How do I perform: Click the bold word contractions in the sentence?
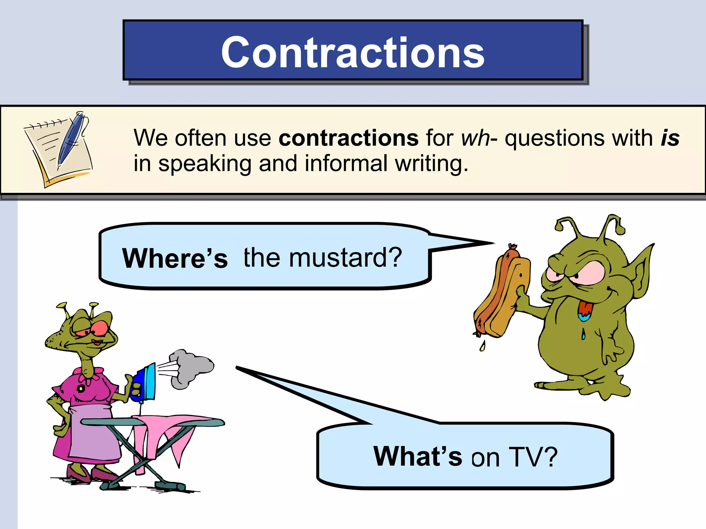(348, 138)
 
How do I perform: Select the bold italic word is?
(670, 138)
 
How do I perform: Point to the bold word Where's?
(175, 258)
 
